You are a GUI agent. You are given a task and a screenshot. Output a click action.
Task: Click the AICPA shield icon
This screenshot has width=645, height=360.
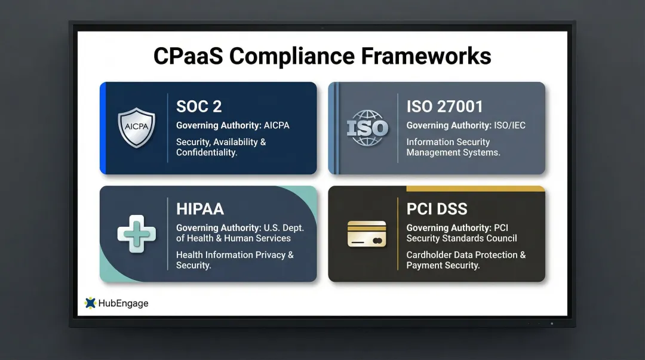click(136, 128)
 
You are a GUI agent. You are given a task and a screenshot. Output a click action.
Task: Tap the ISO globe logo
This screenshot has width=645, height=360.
click(367, 128)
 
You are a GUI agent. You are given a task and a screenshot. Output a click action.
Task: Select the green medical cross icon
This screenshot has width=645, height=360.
click(136, 233)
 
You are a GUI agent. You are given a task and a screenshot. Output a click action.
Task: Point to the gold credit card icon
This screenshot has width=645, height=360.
click(367, 233)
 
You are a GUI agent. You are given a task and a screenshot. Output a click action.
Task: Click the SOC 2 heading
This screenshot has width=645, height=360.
click(199, 107)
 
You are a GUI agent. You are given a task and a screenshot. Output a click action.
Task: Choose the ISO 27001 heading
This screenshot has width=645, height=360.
click(444, 107)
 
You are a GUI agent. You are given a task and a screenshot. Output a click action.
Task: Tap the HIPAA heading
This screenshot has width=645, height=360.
click(200, 209)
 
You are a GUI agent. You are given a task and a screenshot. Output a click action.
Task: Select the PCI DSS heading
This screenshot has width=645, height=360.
click(437, 209)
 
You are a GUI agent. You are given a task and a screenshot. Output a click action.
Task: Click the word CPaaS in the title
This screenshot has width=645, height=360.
click(188, 56)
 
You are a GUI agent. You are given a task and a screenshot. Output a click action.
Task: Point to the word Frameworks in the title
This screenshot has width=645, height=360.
click(426, 56)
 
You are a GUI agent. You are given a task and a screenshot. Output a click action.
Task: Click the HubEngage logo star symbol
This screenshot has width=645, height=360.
click(90, 303)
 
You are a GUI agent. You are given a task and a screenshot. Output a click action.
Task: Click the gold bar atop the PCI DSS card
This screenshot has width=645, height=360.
click(475, 189)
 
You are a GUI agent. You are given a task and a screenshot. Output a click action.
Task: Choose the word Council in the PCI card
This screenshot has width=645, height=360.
click(502, 238)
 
